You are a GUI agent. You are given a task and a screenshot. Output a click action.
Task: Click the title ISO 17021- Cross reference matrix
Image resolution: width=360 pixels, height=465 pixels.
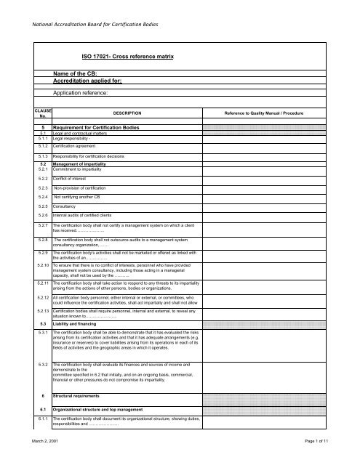pos(121,55)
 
